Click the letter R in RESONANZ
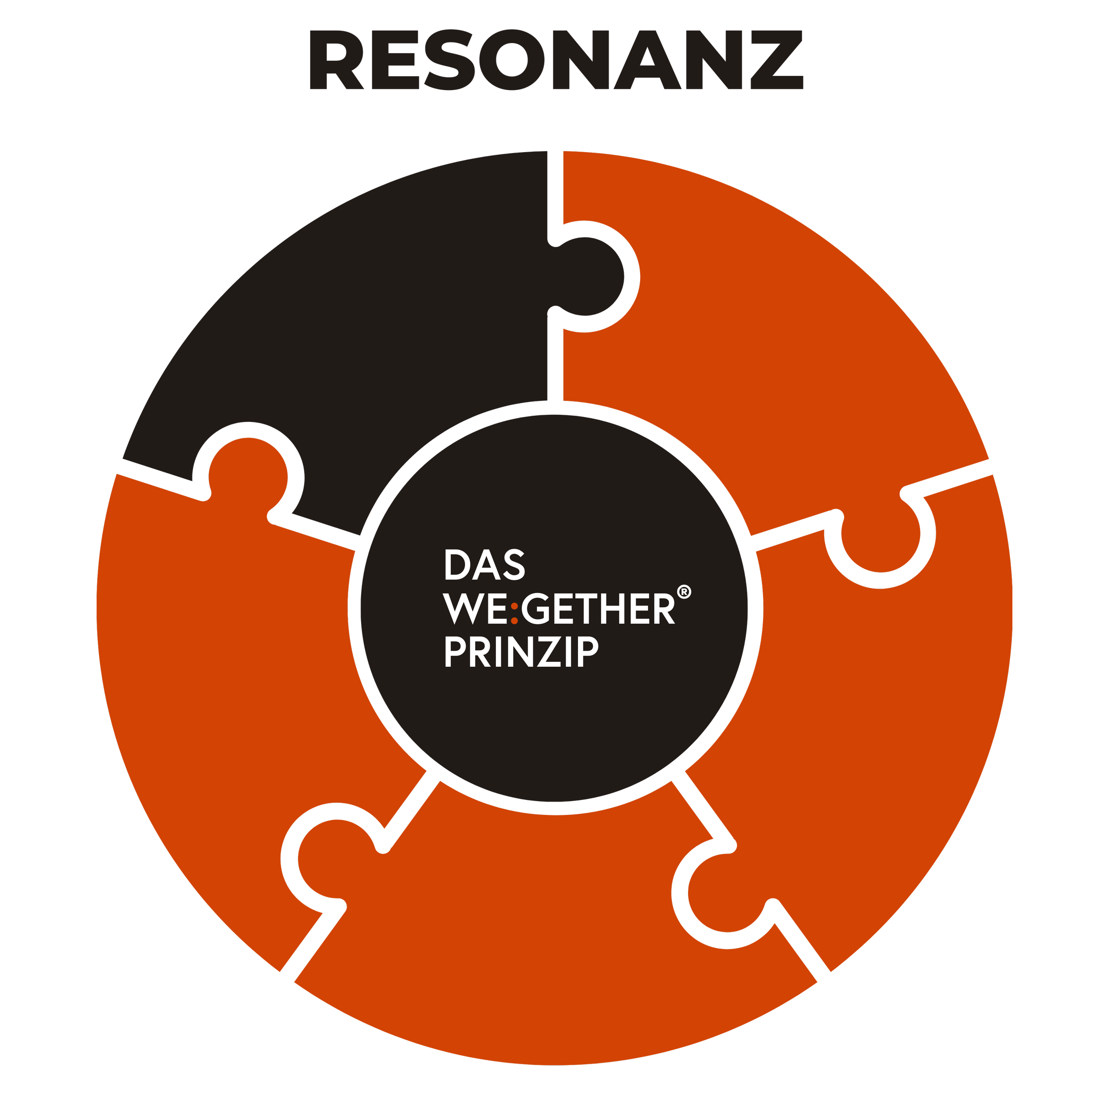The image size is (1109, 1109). coord(336,60)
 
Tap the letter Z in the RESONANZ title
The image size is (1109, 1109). coord(776,60)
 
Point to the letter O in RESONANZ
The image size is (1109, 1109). coord(511,60)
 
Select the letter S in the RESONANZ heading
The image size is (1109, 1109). coord(449,60)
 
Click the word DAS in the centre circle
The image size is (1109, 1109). coord(484,565)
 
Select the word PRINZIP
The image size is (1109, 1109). coord(521,652)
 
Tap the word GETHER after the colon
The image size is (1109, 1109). coord(598,609)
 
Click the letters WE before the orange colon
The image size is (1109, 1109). coord(475,609)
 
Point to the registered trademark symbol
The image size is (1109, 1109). coord(684,592)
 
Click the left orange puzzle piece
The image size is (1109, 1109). coord(230,660)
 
